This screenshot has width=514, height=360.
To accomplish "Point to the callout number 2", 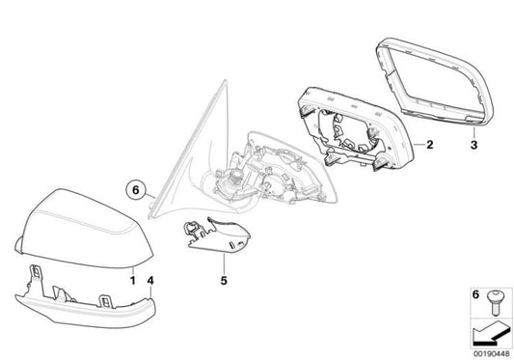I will click(x=430, y=146).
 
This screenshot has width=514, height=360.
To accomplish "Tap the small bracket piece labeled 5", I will click(x=218, y=231).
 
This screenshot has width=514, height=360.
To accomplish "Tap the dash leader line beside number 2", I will click(x=418, y=146).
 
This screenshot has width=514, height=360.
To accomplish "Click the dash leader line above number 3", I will click(x=473, y=132).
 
